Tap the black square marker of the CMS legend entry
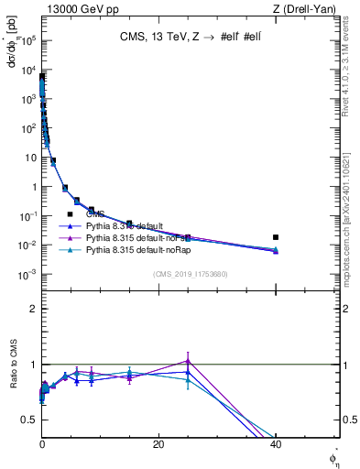70,213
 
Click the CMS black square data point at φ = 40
276,237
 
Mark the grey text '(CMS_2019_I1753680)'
190,274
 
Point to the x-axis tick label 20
158,445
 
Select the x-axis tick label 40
276,445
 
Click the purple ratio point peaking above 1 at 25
188,361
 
